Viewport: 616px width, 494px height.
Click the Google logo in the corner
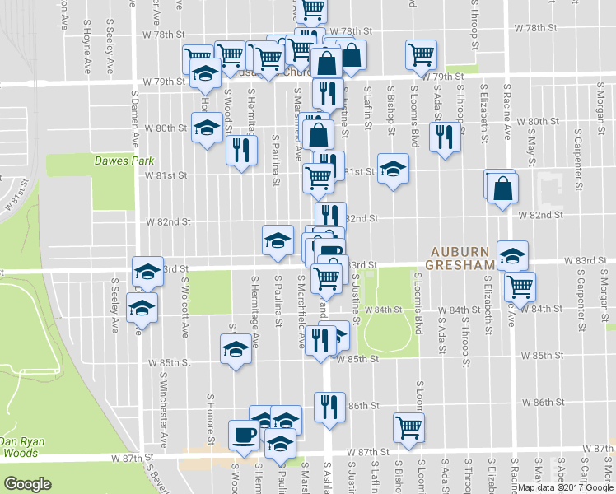[x=28, y=483]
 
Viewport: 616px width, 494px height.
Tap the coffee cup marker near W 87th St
[x=244, y=433]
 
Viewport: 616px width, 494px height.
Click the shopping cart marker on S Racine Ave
[x=520, y=286]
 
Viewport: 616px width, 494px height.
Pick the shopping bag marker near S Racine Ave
[x=502, y=189]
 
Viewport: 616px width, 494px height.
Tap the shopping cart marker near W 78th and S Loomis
[x=421, y=54]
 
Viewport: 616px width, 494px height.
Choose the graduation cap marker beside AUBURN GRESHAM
[x=511, y=256]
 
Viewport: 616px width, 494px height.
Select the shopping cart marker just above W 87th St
[x=408, y=426]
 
